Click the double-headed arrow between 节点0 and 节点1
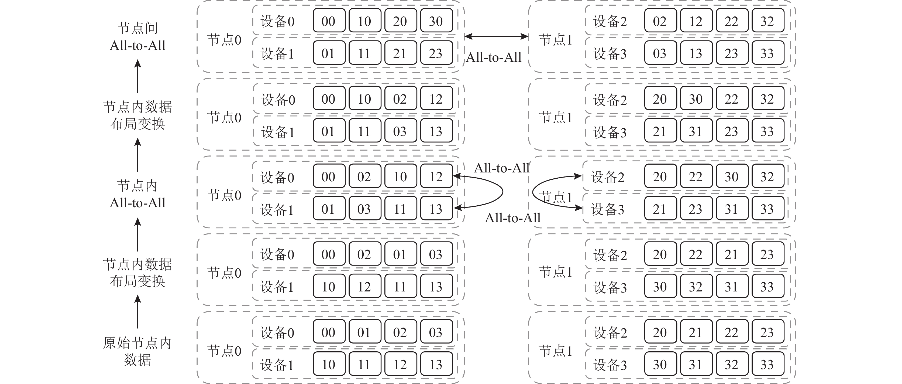pos(496,36)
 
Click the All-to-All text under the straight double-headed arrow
pos(494,57)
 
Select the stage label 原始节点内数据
pos(137,351)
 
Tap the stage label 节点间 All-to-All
pos(137,36)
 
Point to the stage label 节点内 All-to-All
pos(137,194)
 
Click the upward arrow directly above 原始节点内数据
pos(137,311)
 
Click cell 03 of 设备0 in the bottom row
pos(436,332)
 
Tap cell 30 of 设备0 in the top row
pos(436,21)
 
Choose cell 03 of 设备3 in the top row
pos(660,53)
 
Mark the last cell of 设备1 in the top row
pos(436,53)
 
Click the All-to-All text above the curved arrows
pos(501,168)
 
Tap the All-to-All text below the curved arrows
pos(513,218)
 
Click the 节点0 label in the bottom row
pos(224,351)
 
